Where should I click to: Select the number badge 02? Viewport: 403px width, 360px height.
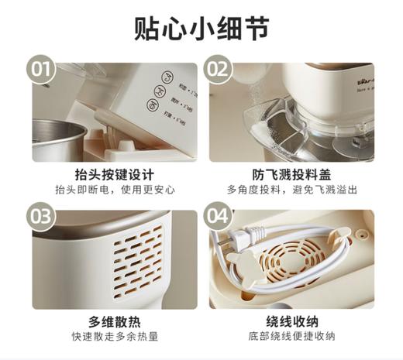click(x=219, y=70)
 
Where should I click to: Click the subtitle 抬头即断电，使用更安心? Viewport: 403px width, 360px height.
click(x=115, y=190)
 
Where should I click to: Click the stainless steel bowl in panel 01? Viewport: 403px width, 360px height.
click(x=58, y=139)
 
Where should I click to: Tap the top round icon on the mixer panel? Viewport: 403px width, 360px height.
click(x=165, y=77)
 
